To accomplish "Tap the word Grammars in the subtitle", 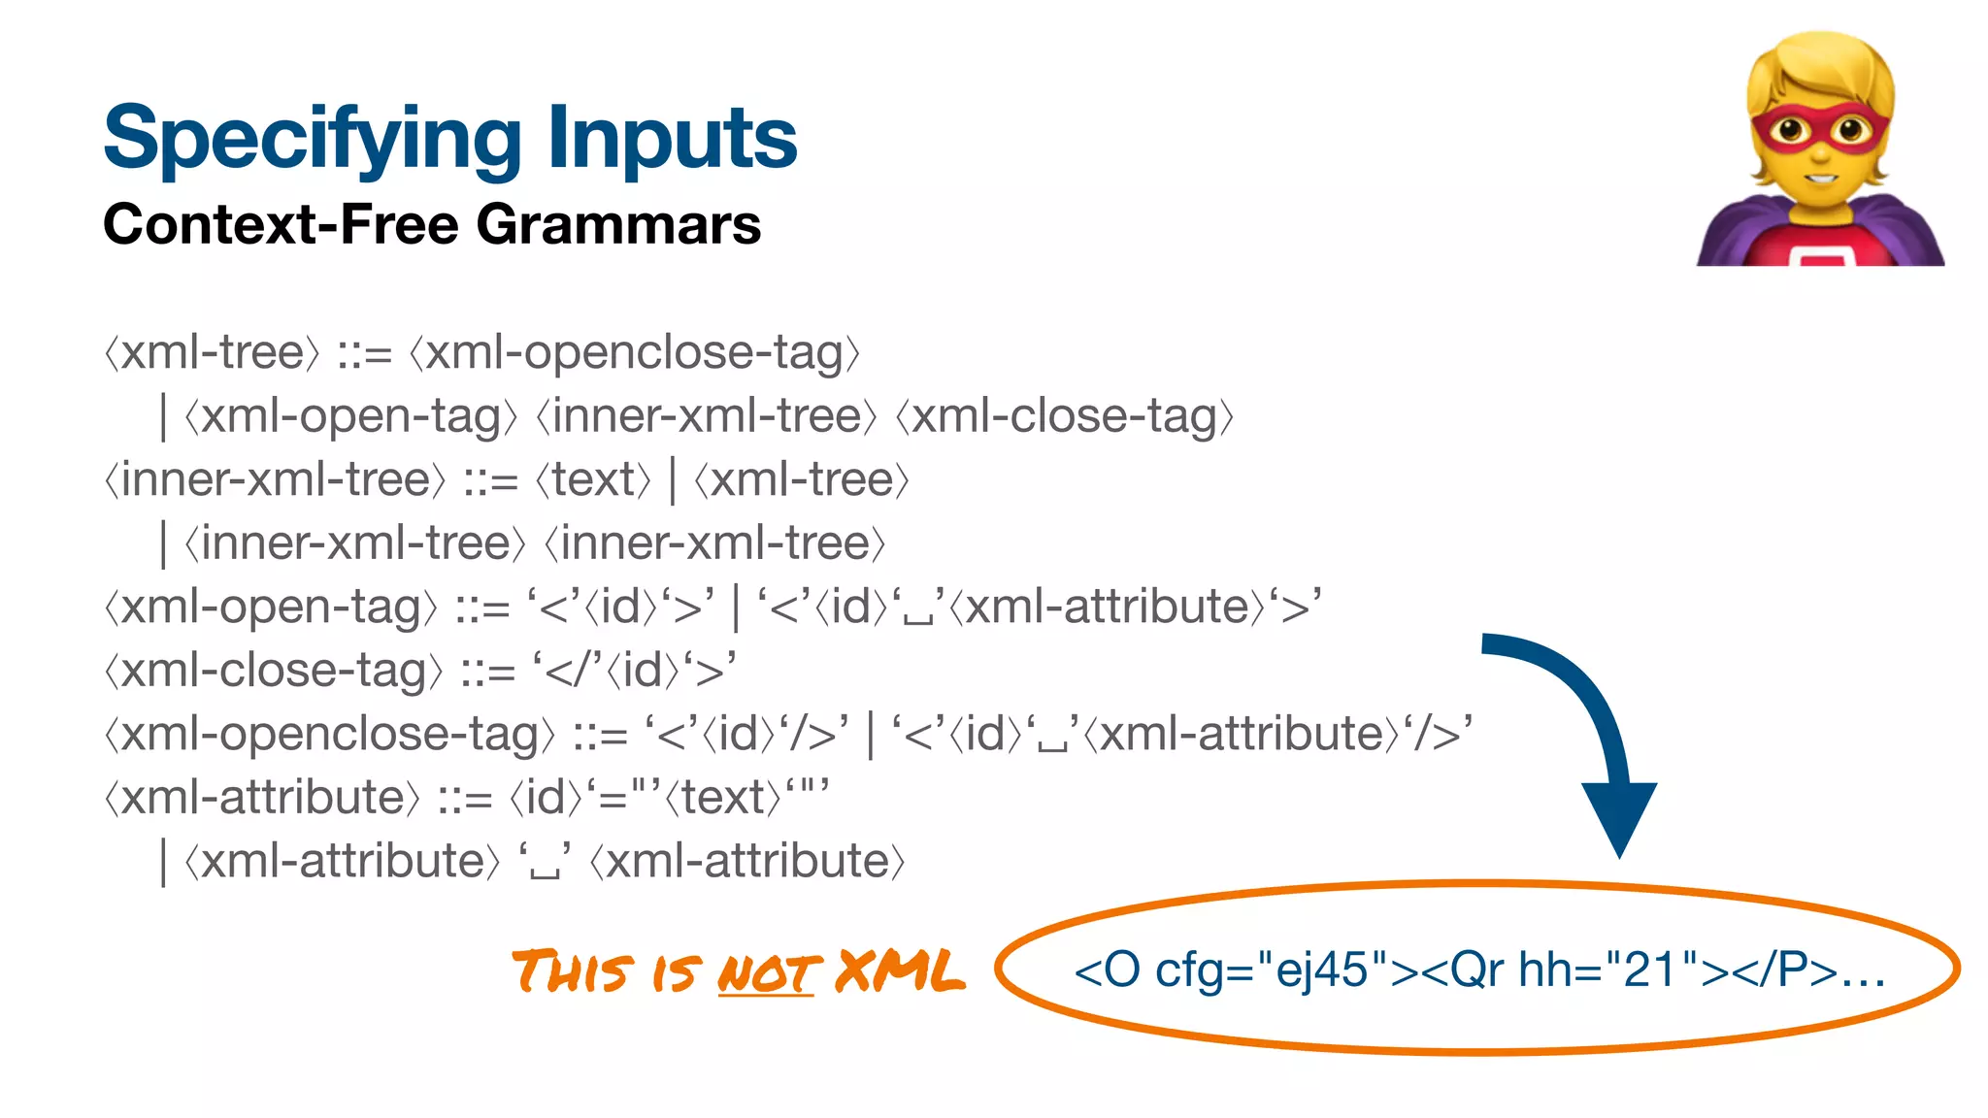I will coord(618,225).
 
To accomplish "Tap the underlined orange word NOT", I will coord(767,973).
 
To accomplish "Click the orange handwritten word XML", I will coord(900,971).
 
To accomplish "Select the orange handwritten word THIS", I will coord(573,971).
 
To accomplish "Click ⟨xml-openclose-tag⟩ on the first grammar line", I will coord(635,352).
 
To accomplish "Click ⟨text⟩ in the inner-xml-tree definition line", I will coord(593,479).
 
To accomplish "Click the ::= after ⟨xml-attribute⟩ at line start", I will coord(464,799).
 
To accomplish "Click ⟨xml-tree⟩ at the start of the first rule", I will coord(212,352).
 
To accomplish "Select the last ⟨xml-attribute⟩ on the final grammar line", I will coord(747,862).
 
